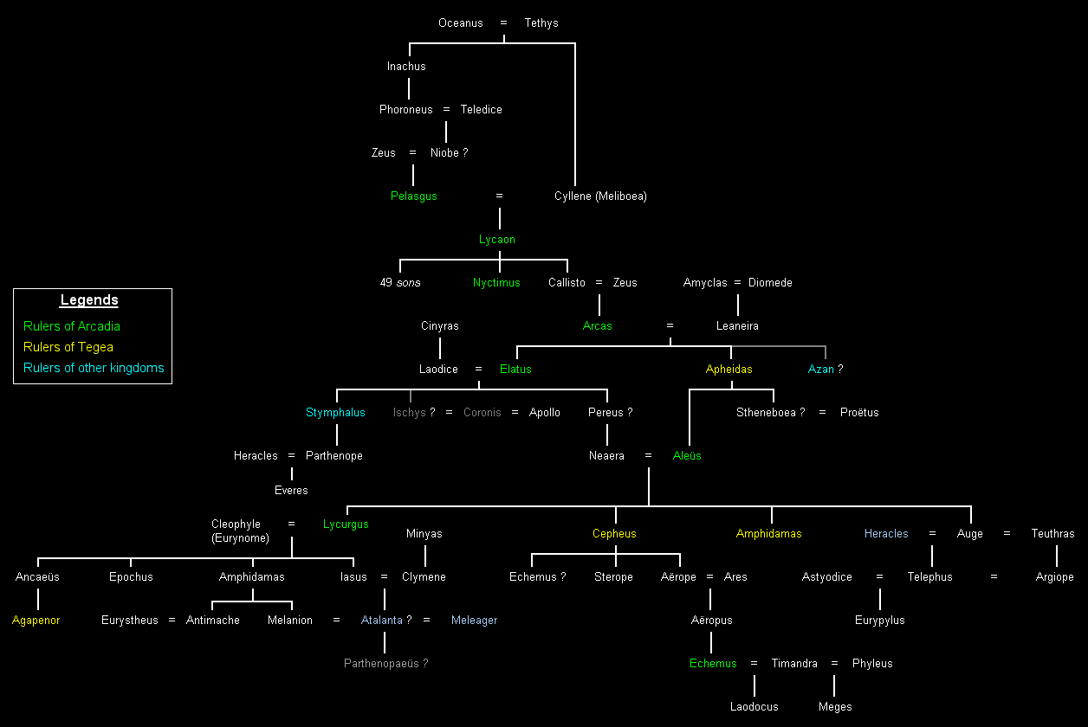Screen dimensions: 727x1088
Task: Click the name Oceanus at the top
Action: pos(460,23)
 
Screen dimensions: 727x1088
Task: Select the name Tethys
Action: pos(541,23)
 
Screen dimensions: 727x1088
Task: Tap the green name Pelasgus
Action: pos(413,196)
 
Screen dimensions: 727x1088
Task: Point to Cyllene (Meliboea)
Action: pos(600,196)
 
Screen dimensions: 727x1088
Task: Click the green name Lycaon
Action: pos(497,240)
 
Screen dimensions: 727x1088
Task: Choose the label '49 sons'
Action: pos(400,283)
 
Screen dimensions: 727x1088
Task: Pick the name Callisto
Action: pos(567,283)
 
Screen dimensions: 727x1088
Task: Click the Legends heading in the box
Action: pos(89,301)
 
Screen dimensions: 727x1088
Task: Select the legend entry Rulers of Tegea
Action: pos(68,347)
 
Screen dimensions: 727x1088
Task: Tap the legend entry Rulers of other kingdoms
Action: pos(94,368)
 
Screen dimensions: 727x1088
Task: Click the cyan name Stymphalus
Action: pos(335,413)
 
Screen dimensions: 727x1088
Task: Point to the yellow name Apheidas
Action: pos(729,370)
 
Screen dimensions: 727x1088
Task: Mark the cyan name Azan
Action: pos(821,370)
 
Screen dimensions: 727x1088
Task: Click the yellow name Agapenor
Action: pos(36,621)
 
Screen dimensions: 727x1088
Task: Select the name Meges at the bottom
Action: pos(835,707)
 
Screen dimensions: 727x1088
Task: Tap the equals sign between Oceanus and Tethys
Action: pos(503,23)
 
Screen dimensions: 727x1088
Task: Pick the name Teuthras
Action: pos(1052,534)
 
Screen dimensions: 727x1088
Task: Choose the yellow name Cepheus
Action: pos(614,534)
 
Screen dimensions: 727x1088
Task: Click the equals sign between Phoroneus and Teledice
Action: pos(446,110)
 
